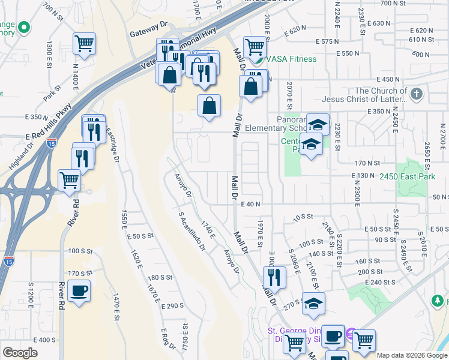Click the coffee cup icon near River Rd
tap(79, 292)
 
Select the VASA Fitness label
tap(292, 59)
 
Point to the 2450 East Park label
tap(407, 176)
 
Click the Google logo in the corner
tap(20, 353)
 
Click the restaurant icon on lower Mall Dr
tap(274, 277)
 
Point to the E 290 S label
tap(172, 306)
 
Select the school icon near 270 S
tap(313, 304)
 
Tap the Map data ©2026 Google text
tap(411, 355)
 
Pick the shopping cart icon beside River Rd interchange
tap(70, 179)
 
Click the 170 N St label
tap(368, 163)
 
